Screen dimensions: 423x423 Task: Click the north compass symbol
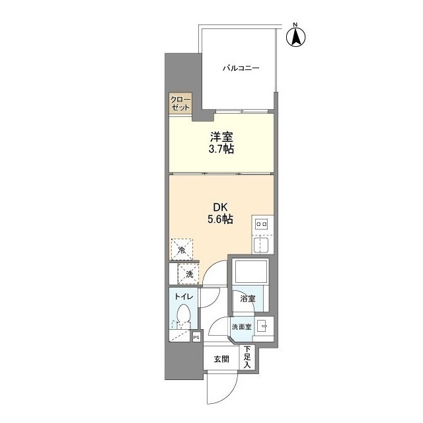click(295, 37)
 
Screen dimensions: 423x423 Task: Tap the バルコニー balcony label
click(241, 67)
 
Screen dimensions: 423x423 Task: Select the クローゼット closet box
click(180, 103)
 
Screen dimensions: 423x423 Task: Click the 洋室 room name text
click(221, 137)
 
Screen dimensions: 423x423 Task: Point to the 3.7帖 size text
click(221, 149)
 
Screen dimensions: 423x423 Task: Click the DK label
click(221, 208)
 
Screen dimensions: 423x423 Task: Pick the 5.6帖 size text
click(220, 219)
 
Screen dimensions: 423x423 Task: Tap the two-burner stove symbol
click(262, 224)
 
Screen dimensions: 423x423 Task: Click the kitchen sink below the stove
click(262, 244)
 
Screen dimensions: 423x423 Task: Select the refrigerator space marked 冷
click(182, 249)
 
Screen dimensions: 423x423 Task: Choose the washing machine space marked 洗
click(188, 274)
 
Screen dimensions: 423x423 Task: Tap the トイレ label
click(184, 297)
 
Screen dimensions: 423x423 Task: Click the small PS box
click(197, 337)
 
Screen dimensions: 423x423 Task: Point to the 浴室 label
click(248, 299)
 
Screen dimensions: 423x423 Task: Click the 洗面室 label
click(242, 327)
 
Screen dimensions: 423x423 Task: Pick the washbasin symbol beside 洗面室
click(262, 327)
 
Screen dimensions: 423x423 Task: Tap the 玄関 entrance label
click(221, 359)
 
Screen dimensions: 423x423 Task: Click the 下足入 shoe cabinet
click(247, 358)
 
